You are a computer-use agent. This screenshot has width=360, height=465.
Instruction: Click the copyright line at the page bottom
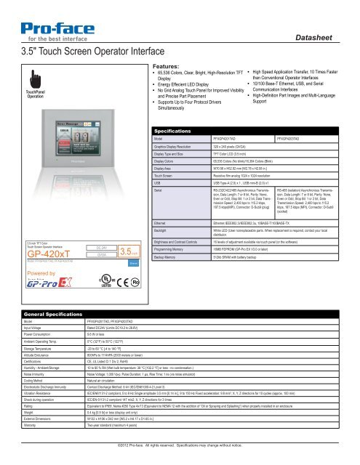point(180,442)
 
